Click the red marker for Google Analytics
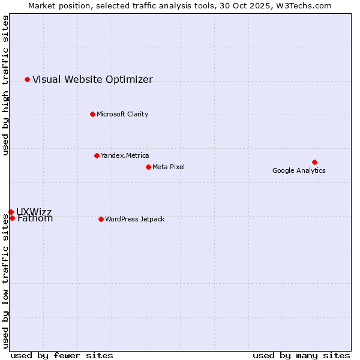(x=314, y=162)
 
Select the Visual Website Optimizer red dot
(x=27, y=79)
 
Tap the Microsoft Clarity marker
(x=92, y=114)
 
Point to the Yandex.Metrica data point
(x=97, y=155)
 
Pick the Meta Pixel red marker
(x=148, y=167)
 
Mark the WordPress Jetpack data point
(x=101, y=219)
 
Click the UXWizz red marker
(x=11, y=212)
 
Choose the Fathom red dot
(x=12, y=218)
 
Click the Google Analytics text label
(x=299, y=171)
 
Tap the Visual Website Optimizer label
(x=92, y=80)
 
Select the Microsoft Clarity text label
(x=122, y=115)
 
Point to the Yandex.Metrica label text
(x=125, y=156)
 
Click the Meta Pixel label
(x=169, y=167)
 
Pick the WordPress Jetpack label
(x=134, y=220)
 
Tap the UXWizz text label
(x=34, y=212)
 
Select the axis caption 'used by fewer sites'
(x=62, y=355)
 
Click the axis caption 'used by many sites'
(x=301, y=355)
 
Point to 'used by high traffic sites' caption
(x=6, y=85)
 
